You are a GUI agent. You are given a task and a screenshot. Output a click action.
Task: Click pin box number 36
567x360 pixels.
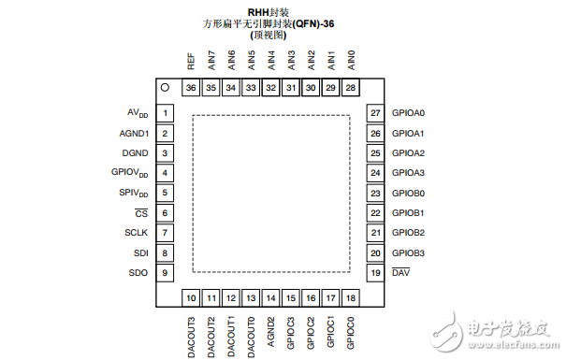coord(191,88)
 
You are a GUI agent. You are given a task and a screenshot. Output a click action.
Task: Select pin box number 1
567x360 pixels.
coord(165,114)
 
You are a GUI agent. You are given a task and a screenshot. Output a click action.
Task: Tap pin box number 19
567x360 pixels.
coord(375,272)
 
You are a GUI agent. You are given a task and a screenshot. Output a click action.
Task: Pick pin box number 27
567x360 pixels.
coord(375,114)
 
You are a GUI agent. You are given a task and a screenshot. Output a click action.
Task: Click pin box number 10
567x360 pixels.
coord(191,298)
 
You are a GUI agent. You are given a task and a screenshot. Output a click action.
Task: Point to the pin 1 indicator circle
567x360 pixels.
coord(165,88)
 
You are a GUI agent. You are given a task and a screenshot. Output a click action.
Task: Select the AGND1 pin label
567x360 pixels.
coord(134,134)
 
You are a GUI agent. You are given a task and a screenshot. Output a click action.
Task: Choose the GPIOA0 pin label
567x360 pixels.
coord(408,114)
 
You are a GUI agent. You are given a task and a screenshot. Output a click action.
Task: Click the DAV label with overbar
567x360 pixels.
coord(400,272)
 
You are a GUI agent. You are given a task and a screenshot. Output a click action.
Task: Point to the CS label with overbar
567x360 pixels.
coord(142,213)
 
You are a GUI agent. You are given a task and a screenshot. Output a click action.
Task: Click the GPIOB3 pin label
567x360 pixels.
coord(408,252)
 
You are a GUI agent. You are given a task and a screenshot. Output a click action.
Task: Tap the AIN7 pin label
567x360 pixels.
coord(211,61)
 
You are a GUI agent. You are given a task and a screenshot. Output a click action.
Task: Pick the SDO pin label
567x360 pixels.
coord(139,272)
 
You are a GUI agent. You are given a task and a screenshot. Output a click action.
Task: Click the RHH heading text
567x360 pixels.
coord(271,12)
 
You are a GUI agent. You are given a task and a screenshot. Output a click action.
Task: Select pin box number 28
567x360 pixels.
coord(351,88)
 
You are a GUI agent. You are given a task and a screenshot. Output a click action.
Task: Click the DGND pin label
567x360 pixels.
coord(136,153)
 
